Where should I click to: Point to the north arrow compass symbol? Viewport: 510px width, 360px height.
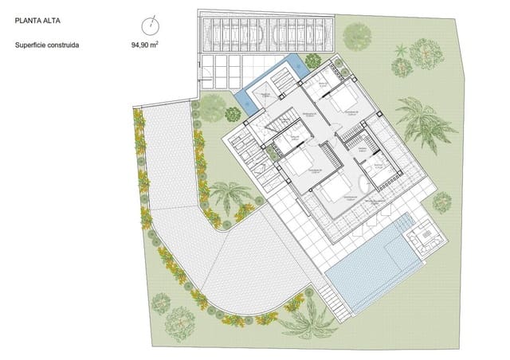149,24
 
